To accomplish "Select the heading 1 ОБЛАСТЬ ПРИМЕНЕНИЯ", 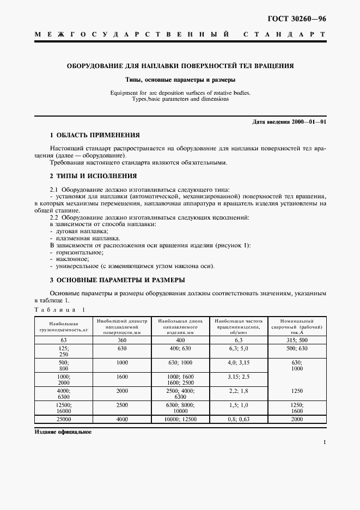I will point(95,135).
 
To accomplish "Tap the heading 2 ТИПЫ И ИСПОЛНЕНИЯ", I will point(93,176).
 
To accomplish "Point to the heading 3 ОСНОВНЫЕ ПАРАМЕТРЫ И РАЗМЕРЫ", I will point(117,280).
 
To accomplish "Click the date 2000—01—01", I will point(309,122).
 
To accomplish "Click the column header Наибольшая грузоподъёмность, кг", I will point(63,326).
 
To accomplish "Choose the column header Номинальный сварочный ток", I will point(296,326).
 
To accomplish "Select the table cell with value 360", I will point(121,339).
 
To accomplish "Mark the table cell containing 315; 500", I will point(296,339).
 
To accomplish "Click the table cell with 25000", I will point(63,419).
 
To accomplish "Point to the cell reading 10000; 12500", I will point(181,419).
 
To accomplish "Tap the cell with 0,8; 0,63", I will point(239,419).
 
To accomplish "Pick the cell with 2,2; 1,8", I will point(239,391).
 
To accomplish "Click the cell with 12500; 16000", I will point(63,408).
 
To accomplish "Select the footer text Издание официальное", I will point(63,432).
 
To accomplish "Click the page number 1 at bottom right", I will point(324,443).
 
